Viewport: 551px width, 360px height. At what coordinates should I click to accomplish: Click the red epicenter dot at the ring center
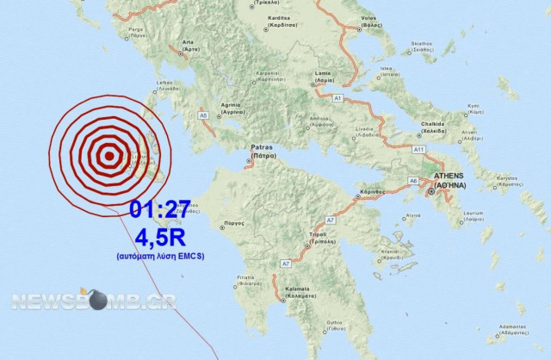click(x=109, y=157)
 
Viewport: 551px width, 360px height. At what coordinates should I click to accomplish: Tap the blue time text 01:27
click(x=161, y=209)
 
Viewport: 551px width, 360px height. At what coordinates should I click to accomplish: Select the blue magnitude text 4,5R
click(x=161, y=235)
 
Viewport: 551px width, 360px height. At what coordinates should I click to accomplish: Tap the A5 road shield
click(x=203, y=115)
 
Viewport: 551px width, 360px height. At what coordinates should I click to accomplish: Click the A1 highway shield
click(x=337, y=99)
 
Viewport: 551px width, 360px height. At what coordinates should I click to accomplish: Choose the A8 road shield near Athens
click(x=413, y=179)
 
